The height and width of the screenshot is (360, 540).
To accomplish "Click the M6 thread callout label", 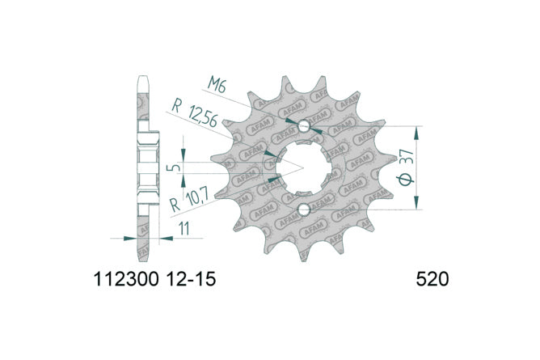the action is (x=217, y=85).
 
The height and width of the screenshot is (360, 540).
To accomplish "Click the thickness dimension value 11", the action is (x=184, y=228).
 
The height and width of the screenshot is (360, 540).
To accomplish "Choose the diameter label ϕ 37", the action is (x=406, y=167).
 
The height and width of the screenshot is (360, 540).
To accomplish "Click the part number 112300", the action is (x=126, y=279).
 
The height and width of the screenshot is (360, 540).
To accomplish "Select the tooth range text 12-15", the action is (x=191, y=279).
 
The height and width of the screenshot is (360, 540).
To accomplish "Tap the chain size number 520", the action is (x=432, y=279).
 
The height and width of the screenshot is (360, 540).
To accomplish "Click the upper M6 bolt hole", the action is (x=304, y=126).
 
